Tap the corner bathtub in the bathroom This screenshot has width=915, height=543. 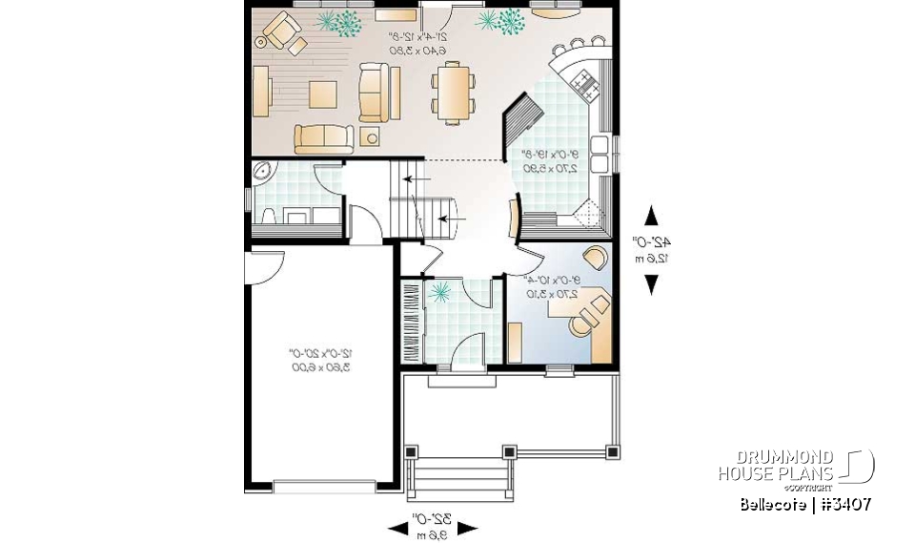pyautogui.click(x=263, y=173)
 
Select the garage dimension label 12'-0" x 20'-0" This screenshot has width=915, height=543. pyautogui.click(x=317, y=360)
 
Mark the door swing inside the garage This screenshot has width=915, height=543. pyautogui.click(x=264, y=268)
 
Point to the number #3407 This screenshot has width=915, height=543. pyautogui.click(x=841, y=504)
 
